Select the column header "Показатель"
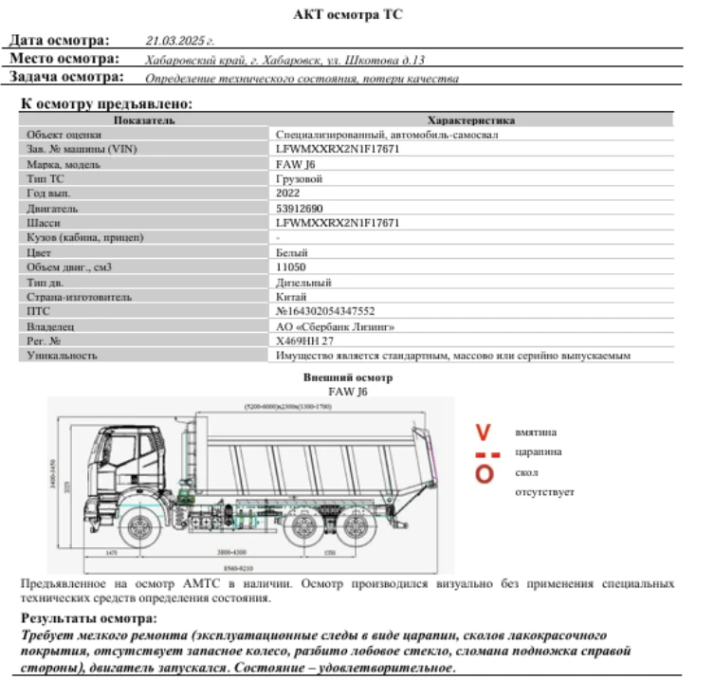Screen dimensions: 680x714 click(x=144, y=120)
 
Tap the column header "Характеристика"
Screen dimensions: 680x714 click(x=471, y=120)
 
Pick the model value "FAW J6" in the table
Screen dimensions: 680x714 click(x=295, y=164)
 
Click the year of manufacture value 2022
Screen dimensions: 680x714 click(x=287, y=193)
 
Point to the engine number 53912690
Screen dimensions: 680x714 click(x=299, y=208)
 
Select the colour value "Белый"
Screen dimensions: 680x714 click(x=290, y=252)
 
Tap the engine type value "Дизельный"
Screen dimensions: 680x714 click(x=302, y=282)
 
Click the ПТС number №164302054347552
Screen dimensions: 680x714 click(x=325, y=311)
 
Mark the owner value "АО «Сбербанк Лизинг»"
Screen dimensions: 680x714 click(x=335, y=326)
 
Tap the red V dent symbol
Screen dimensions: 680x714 click(x=484, y=432)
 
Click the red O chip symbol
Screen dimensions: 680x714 click(x=484, y=472)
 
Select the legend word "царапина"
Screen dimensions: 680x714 click(x=537, y=451)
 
